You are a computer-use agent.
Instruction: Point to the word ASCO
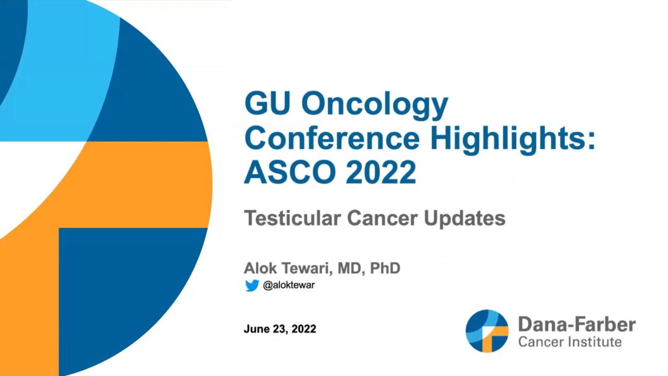click(290, 172)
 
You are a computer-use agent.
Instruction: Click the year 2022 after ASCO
click(381, 172)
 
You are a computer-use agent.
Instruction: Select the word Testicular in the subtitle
click(292, 218)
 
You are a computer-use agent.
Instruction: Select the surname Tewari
click(308, 268)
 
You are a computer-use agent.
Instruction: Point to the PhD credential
click(384, 268)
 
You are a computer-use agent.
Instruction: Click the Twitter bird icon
click(252, 285)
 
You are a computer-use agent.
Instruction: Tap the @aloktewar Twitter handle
click(288, 285)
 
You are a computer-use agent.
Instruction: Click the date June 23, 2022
click(280, 329)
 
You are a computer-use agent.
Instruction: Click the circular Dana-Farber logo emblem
click(487, 331)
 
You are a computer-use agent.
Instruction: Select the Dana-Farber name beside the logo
click(577, 324)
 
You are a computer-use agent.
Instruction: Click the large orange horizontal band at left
click(144, 184)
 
